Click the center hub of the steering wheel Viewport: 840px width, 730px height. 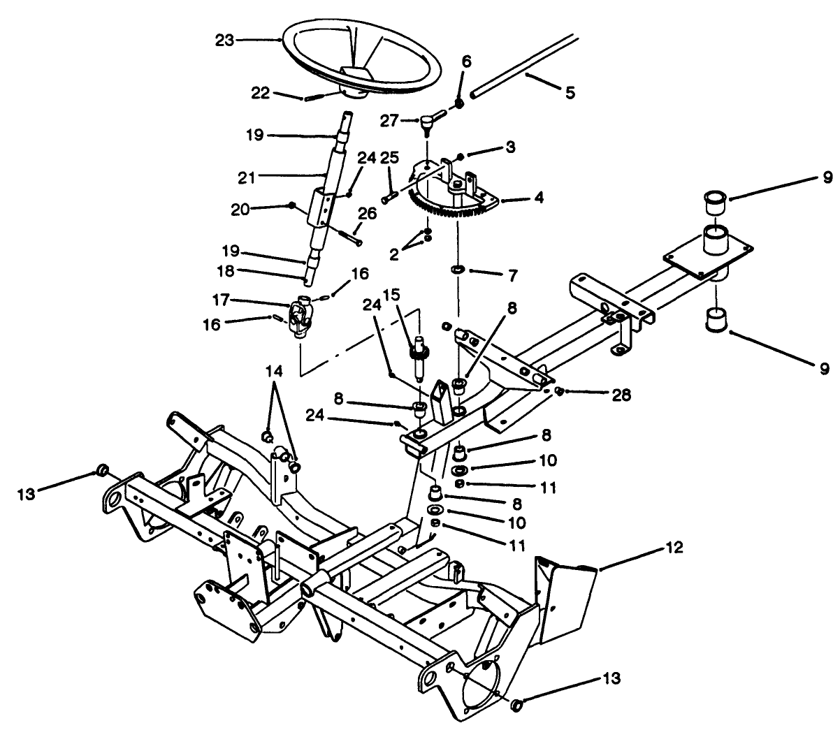[358, 76]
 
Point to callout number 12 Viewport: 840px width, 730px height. [675, 547]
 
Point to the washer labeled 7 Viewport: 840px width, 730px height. [457, 268]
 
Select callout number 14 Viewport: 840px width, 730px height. [274, 372]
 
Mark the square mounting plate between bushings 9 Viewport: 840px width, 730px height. [709, 255]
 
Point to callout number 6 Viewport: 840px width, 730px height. [466, 61]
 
